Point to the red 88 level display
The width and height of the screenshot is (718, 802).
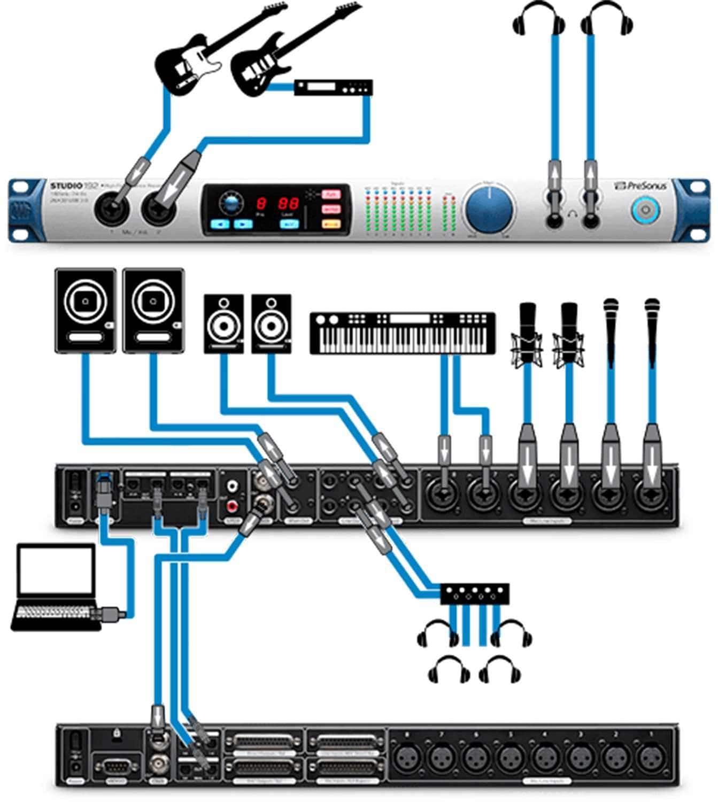click(289, 204)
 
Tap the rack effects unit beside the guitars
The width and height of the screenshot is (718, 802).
click(333, 88)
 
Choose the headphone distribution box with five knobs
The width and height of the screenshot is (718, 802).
click(474, 592)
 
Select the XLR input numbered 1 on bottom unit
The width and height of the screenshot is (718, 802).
click(650, 757)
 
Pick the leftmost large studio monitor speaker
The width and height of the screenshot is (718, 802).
click(85, 310)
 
